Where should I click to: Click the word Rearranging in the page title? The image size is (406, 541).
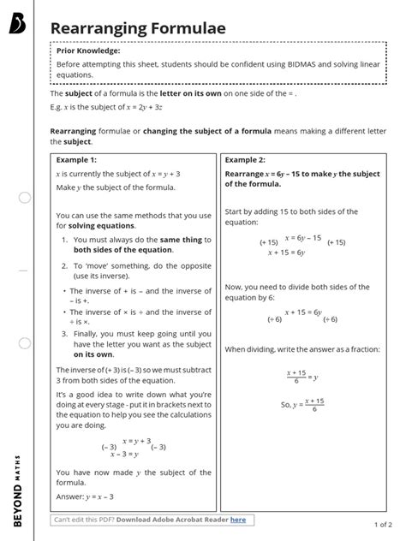pyautogui.click(x=97, y=29)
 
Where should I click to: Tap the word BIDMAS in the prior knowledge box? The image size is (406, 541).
pyautogui.click(x=296, y=66)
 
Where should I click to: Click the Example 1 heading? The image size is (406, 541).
pyautogui.click(x=76, y=159)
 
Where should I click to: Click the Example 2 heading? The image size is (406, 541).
pyautogui.click(x=245, y=159)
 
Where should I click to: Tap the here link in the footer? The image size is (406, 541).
pyautogui.click(x=237, y=519)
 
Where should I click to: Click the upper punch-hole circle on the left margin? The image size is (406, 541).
pyautogui.click(x=25, y=198)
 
